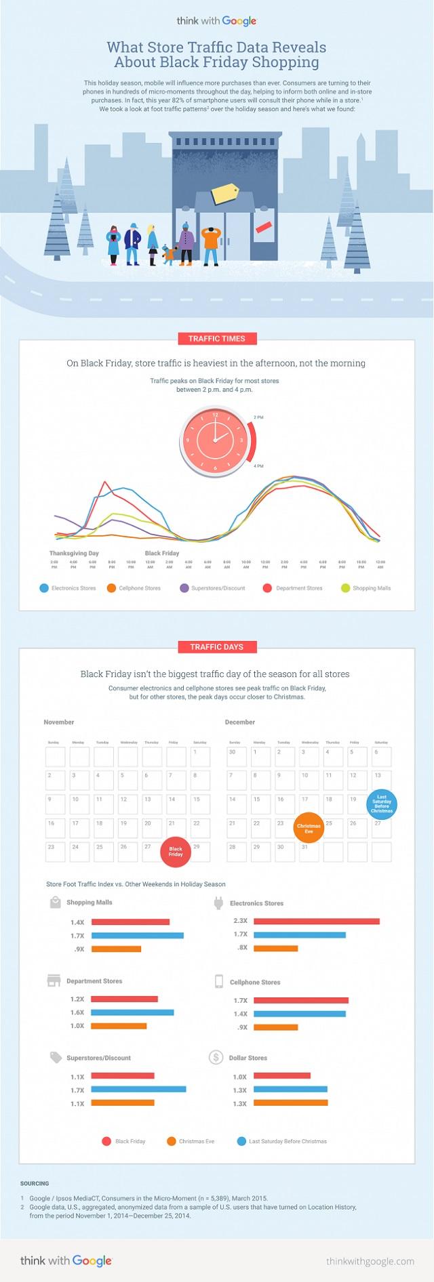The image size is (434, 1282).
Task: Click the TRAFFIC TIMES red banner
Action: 217,339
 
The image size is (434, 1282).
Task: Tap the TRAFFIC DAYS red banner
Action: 217,647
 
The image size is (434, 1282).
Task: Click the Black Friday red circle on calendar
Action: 176,851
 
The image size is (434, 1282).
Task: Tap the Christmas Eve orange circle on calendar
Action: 309,827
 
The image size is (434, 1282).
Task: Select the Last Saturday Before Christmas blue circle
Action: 382,804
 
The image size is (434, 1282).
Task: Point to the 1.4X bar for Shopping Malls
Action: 130,922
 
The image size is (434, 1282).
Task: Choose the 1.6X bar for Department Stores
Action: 132,1012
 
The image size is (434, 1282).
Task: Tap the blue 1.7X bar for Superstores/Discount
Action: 138,1090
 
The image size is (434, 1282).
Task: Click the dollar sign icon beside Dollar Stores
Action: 216,1057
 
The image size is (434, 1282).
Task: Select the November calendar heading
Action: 59,722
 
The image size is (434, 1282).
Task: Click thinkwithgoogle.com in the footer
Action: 370,1261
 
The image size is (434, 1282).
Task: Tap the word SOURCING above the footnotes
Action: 35,1184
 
